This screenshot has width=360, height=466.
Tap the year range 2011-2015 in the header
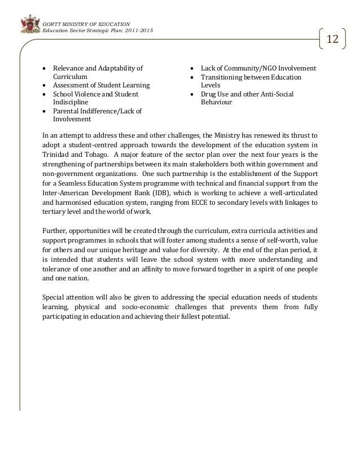coord(137,30)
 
